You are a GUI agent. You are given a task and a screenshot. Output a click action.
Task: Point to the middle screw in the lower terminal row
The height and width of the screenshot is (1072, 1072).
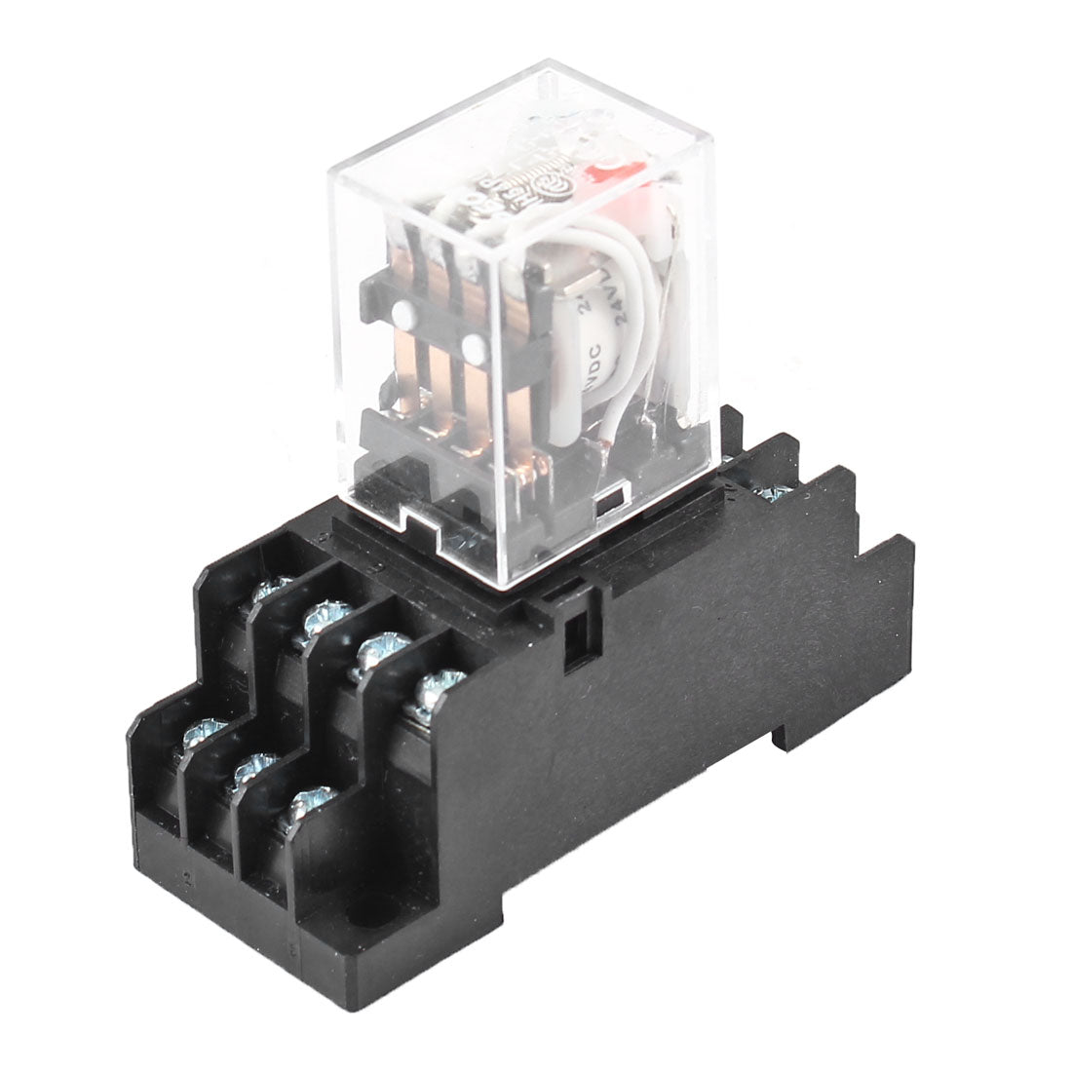[250, 769]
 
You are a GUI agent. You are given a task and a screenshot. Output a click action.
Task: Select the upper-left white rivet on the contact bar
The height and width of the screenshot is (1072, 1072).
[402, 314]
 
